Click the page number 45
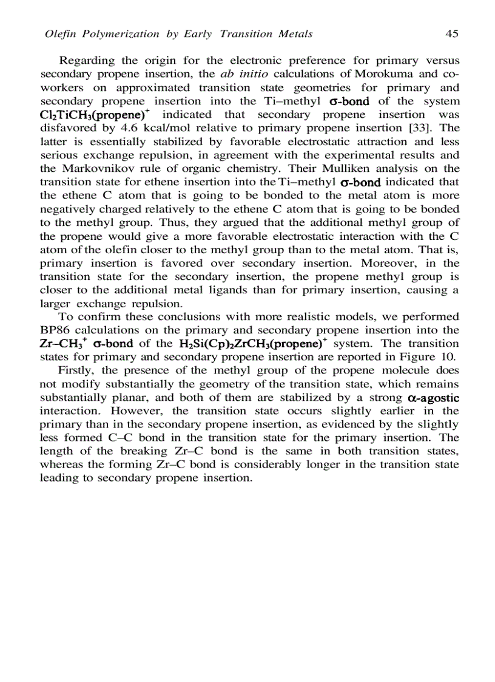[x=451, y=34]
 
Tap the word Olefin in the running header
[x=59, y=34]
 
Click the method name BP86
[x=55, y=330]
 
